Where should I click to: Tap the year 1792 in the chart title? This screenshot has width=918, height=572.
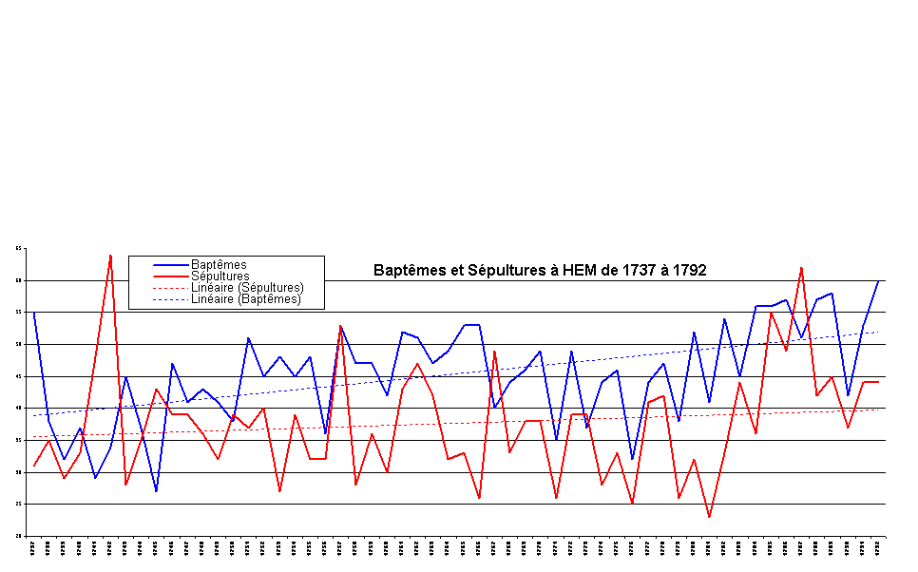pyautogui.click(x=688, y=271)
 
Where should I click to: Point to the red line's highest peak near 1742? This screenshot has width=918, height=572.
pyautogui.click(x=110, y=255)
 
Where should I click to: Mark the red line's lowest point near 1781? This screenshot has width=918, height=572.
pyautogui.click(x=709, y=517)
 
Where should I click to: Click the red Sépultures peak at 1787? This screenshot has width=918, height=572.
pyautogui.click(x=801, y=268)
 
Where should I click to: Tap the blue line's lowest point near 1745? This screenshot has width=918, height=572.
pyautogui.click(x=156, y=491)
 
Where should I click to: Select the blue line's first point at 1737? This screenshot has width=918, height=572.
pyautogui.click(x=33, y=313)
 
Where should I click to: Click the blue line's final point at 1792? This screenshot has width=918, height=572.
pyautogui.click(x=878, y=280)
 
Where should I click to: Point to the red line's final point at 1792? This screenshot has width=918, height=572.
pyautogui.click(x=878, y=382)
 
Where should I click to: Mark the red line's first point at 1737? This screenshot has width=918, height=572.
pyautogui.click(x=33, y=466)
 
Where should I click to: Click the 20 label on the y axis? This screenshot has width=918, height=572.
pyautogui.click(x=18, y=536)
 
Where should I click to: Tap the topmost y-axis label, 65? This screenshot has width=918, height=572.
pyautogui.click(x=18, y=249)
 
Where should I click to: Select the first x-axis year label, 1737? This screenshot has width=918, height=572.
pyautogui.click(x=33, y=548)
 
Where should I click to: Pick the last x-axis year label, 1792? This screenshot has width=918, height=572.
pyautogui.click(x=878, y=548)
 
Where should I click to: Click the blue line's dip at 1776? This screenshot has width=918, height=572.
pyautogui.click(x=632, y=460)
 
